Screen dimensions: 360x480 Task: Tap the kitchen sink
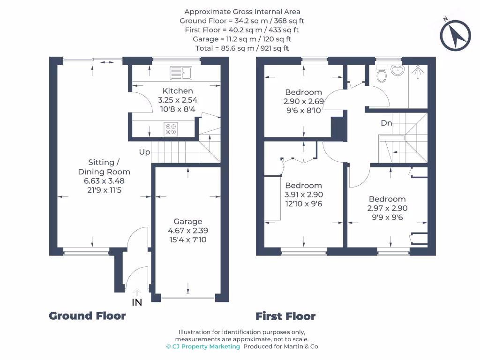click(181, 73)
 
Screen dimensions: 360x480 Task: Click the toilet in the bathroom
click(382, 74)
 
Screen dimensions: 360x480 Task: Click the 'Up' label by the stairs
click(144, 152)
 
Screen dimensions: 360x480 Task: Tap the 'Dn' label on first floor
click(386, 123)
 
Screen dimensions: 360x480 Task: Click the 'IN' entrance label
click(136, 303)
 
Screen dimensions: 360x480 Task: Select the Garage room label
click(188, 221)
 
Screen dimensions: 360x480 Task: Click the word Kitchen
click(178, 90)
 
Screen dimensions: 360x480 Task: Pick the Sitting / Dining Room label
click(104, 167)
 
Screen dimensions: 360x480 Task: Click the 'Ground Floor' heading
click(87, 316)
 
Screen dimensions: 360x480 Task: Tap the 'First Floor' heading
click(285, 316)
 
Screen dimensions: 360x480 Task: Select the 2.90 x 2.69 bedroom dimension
click(303, 101)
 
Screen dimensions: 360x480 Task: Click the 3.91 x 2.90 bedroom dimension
click(303, 195)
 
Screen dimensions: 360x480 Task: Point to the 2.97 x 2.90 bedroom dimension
click(387, 208)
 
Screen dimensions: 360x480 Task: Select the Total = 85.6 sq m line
click(242, 48)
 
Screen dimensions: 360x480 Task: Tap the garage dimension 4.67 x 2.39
click(188, 231)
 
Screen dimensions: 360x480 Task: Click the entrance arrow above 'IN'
click(136, 292)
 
